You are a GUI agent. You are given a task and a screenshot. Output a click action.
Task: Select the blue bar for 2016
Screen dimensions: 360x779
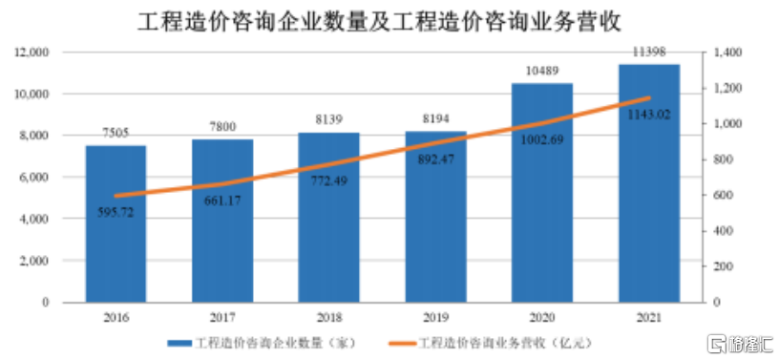click(x=116, y=223)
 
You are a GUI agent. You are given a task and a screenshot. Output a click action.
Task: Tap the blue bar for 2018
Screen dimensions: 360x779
click(x=328, y=217)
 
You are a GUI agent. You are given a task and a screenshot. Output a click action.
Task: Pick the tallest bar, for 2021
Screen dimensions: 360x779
click(x=648, y=182)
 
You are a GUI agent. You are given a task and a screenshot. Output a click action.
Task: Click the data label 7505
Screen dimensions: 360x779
click(x=116, y=134)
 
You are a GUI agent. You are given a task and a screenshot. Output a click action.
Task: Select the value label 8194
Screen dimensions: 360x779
click(x=435, y=119)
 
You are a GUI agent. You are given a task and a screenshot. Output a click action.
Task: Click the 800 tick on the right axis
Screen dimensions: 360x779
click(x=723, y=159)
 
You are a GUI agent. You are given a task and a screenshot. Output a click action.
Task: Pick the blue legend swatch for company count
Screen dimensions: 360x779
click(x=176, y=342)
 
